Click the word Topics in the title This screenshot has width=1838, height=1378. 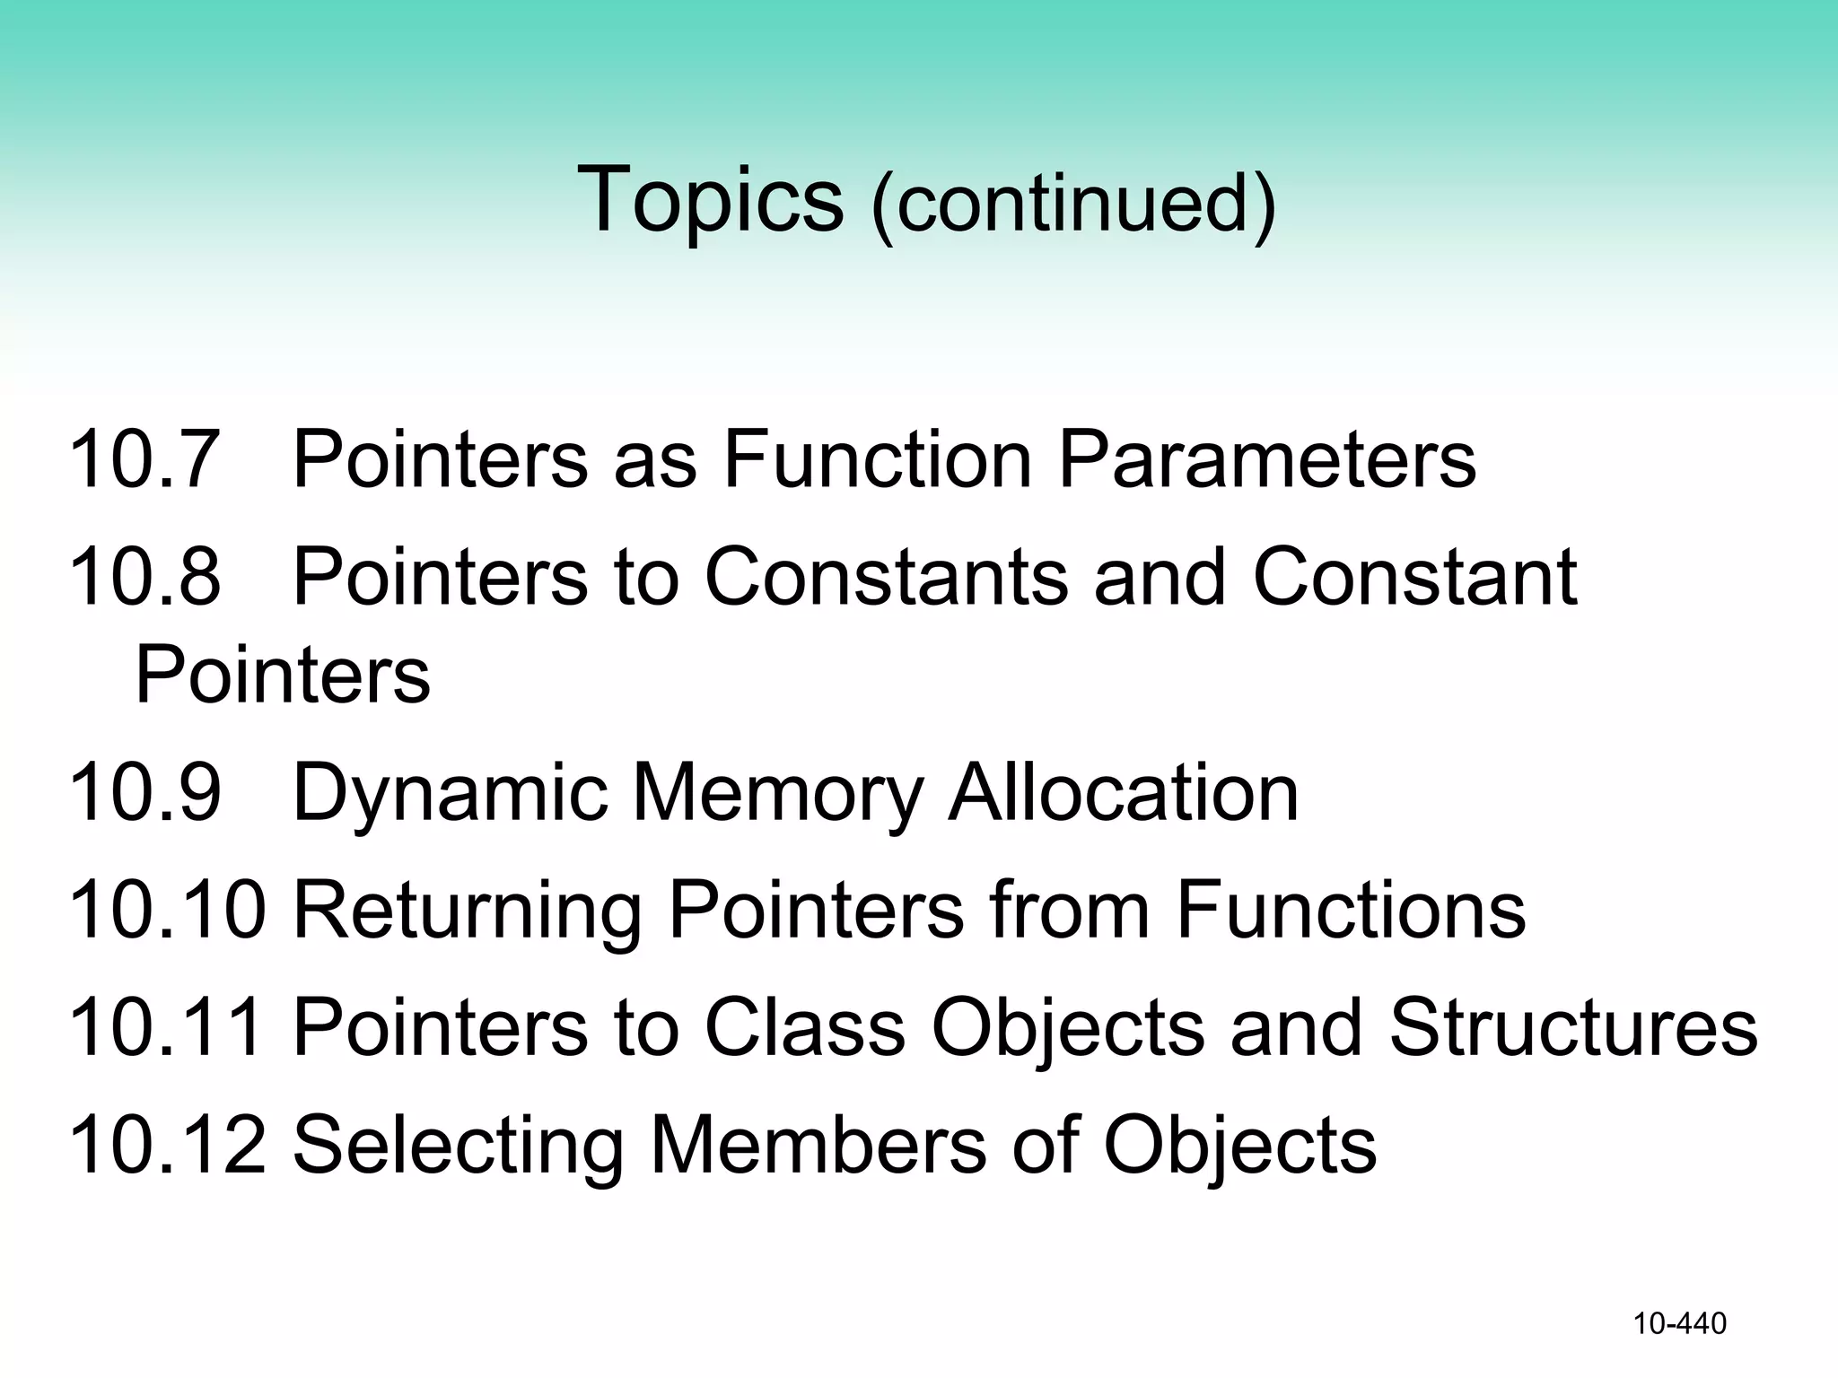coord(710,199)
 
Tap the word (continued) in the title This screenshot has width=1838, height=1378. coord(1073,205)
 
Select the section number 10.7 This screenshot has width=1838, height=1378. coord(144,459)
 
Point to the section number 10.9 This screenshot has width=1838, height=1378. coord(144,792)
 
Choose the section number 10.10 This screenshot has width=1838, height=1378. coord(167,910)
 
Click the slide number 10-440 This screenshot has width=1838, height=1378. coord(1679,1324)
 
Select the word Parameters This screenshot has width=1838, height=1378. coord(1266,459)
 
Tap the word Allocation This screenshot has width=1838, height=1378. coord(1124,792)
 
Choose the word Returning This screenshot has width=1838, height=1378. coord(467,911)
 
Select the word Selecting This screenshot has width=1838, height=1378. coord(458,1146)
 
